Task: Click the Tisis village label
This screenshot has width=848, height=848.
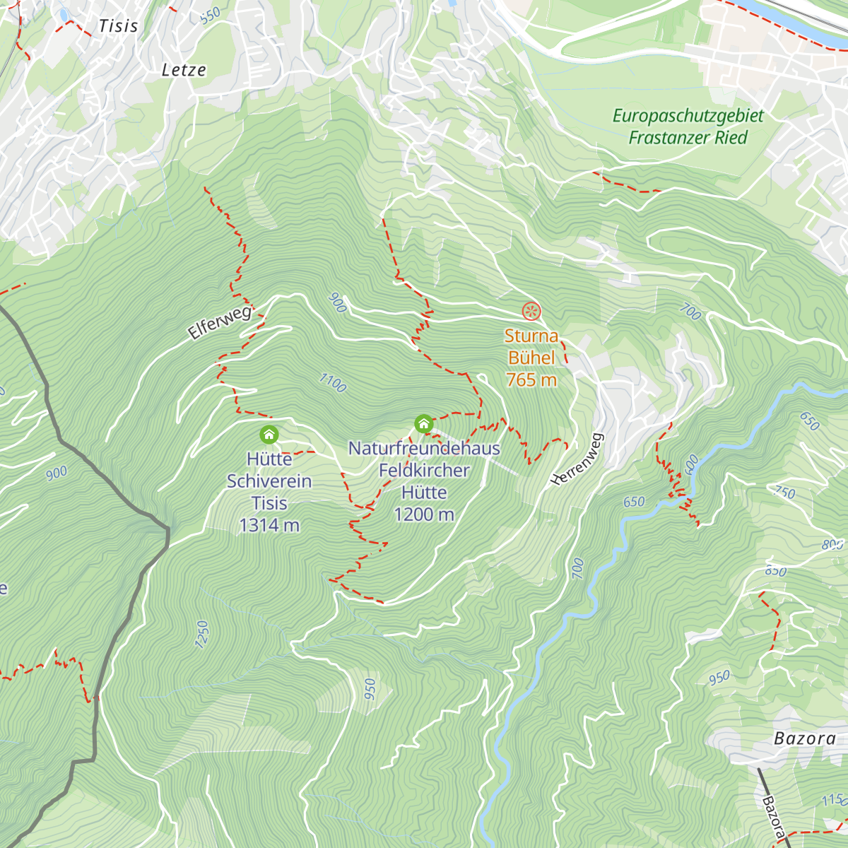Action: point(118,26)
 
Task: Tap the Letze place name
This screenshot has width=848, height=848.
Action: point(184,70)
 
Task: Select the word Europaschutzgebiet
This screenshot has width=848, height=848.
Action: point(688,116)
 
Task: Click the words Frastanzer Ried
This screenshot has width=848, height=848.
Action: point(688,138)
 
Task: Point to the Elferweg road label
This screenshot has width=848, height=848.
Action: point(220,322)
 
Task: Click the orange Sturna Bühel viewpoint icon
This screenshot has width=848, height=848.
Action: point(531,311)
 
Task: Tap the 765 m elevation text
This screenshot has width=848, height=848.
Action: point(531,380)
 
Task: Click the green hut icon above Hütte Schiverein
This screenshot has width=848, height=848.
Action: point(269,435)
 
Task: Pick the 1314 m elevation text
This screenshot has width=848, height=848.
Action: point(269,526)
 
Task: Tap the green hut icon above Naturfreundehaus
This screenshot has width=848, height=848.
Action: point(423,423)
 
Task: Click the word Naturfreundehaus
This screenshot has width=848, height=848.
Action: point(424,449)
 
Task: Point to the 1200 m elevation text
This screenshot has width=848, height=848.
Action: point(424,514)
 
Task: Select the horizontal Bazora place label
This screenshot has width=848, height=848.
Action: point(805,739)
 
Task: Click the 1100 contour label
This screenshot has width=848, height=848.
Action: point(332,383)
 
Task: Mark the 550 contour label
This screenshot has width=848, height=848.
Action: point(210,15)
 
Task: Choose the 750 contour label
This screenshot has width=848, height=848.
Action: point(785,493)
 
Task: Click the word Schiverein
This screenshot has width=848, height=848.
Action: point(269,482)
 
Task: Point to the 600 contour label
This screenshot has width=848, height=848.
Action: point(691,464)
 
